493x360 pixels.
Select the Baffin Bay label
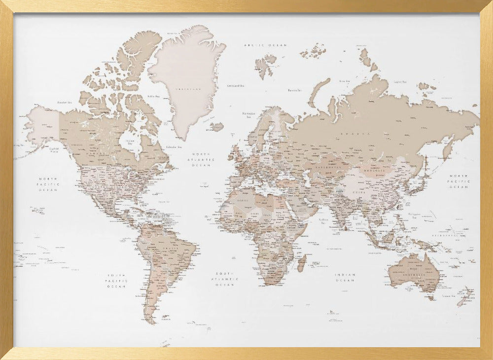154,96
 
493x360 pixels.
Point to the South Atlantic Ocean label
224,279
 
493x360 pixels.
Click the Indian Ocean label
345,278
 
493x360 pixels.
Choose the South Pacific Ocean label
117,281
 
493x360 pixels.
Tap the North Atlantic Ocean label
203,159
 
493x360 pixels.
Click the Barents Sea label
294,90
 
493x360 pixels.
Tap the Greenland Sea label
236,85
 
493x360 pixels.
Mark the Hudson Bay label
130,143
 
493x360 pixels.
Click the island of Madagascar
301,262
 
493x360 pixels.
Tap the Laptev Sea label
400,82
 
